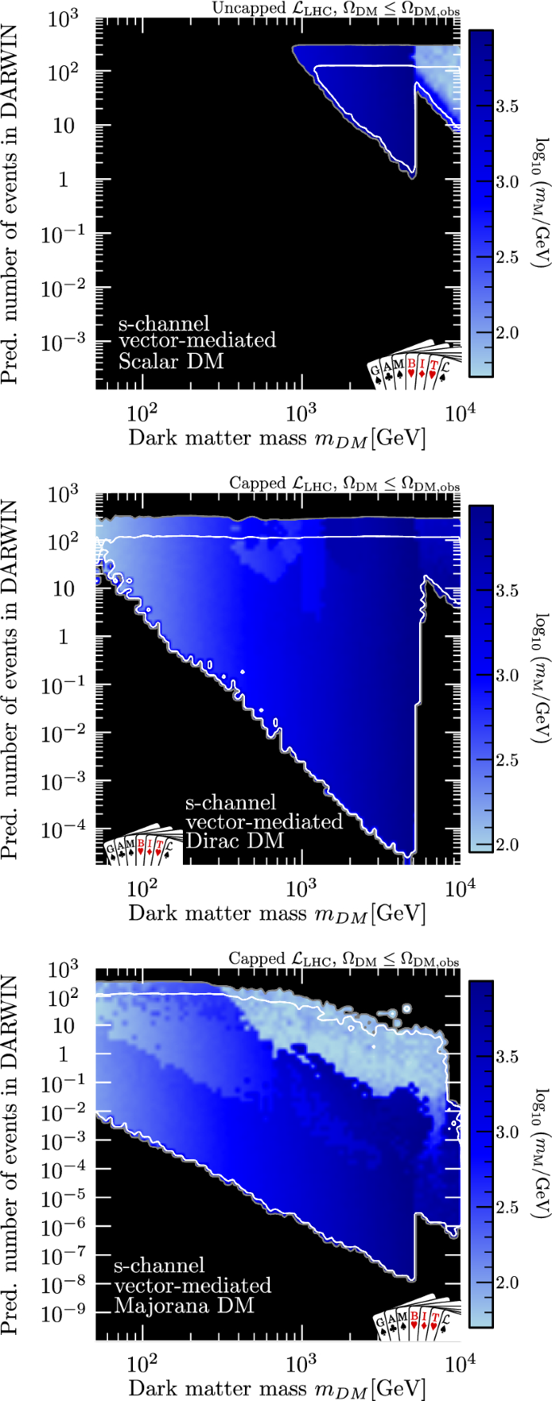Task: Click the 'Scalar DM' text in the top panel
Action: point(171,361)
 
